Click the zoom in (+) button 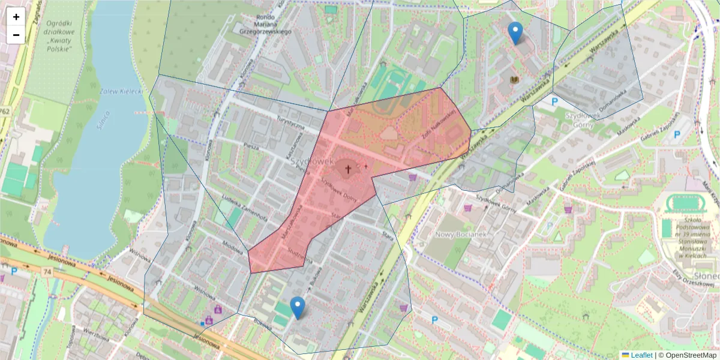tap(16, 17)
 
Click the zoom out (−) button tap(16, 35)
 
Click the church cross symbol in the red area tap(347, 169)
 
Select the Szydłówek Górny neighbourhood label tap(579, 120)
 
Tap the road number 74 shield tap(46, 272)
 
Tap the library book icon tap(514, 80)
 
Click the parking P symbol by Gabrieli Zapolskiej tap(677, 134)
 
